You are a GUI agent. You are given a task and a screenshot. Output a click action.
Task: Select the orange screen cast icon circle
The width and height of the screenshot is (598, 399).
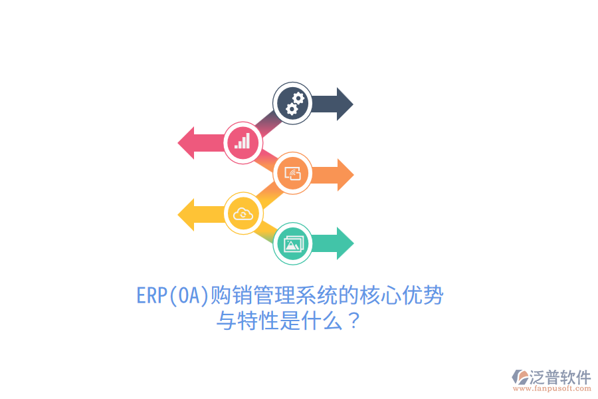[293, 174]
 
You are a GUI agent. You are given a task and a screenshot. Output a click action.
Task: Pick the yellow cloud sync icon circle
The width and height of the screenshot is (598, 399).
[243, 213]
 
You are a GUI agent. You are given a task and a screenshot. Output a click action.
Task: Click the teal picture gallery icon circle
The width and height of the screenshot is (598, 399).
[293, 243]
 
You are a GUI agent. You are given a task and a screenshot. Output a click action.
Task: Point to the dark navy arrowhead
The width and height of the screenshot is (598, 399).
[344, 104]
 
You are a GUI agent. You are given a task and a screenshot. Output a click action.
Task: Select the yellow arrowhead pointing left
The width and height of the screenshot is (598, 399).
[187, 214]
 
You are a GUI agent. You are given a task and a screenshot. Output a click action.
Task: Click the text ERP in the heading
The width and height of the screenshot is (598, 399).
[151, 296]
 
